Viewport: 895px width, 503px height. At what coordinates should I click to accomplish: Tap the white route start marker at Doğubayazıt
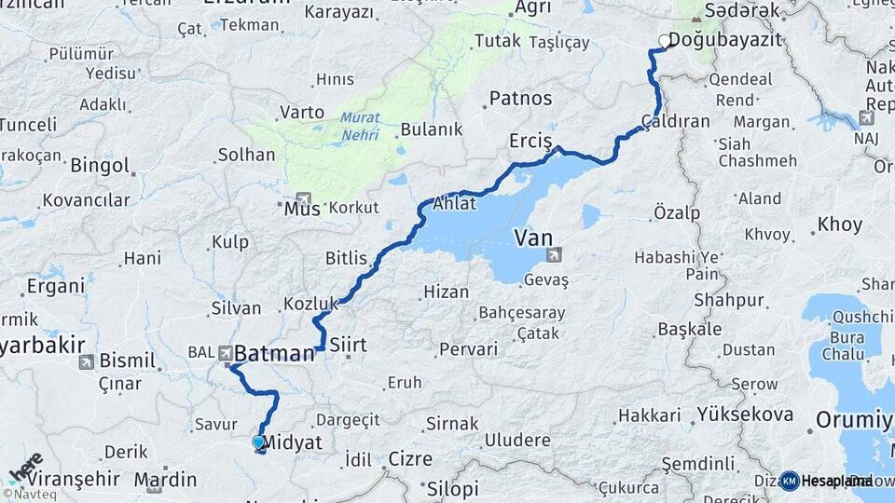665,40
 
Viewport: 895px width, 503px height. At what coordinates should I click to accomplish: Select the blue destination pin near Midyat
258,442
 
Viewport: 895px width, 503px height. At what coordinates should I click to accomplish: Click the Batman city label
274,354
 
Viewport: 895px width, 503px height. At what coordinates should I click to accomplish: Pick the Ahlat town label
453,203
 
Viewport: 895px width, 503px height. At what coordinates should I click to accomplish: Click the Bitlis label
347,258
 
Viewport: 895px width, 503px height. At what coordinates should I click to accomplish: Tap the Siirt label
349,345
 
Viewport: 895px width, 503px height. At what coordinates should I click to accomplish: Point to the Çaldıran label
676,121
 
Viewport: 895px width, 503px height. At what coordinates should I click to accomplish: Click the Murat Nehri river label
359,126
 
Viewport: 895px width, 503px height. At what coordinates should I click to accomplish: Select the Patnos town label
520,98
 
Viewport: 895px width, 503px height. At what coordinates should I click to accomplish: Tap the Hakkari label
643,415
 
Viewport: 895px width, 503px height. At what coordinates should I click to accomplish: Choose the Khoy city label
840,224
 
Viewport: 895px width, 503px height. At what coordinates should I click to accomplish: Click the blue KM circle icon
789,481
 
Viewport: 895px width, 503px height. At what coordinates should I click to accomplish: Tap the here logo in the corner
25,466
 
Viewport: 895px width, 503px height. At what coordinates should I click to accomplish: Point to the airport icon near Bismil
86,361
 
